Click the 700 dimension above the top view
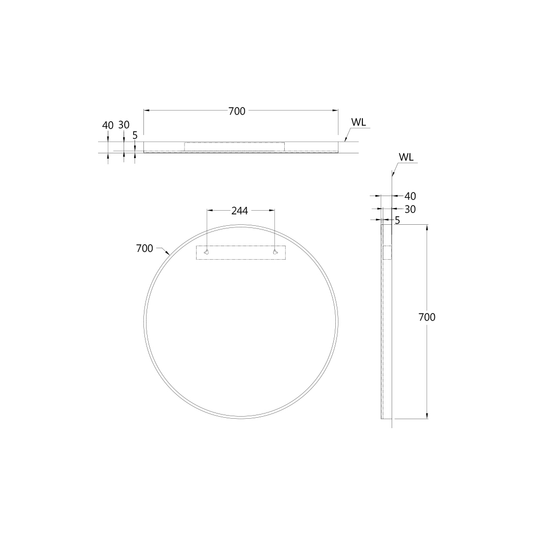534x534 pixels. (237, 111)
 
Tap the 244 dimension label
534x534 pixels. (240, 211)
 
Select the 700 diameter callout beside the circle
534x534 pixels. (144, 248)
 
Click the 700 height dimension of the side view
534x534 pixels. (427, 317)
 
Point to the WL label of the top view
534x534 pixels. (358, 122)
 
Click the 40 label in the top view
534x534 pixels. (107, 125)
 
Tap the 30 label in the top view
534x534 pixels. (124, 125)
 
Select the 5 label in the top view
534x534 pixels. (135, 135)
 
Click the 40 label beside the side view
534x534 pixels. (410, 196)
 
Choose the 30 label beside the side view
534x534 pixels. (410, 209)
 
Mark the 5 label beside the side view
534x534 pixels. (397, 221)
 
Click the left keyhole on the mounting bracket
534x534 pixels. (207, 252)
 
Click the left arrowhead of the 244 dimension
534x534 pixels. (210, 211)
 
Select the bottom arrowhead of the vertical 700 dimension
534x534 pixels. (427, 416)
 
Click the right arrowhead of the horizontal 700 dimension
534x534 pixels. (336, 111)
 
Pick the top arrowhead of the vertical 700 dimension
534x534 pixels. (427, 227)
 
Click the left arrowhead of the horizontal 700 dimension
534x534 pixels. (146, 111)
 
